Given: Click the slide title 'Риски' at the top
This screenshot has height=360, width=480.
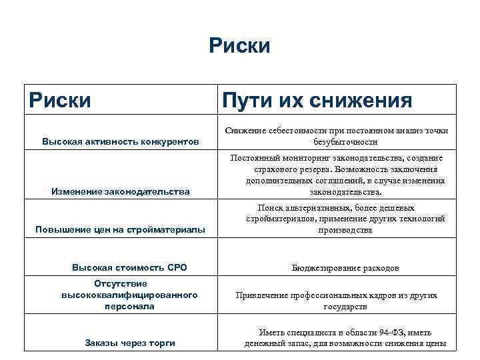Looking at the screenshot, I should (239, 46).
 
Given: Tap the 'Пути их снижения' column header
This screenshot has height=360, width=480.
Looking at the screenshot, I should (317, 101).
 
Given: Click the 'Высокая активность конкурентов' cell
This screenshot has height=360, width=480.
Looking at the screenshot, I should (120, 142).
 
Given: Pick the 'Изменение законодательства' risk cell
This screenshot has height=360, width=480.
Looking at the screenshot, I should (121, 192).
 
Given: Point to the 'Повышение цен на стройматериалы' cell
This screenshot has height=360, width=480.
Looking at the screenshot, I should (120, 230).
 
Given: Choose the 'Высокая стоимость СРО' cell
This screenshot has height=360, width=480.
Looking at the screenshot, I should (129, 267).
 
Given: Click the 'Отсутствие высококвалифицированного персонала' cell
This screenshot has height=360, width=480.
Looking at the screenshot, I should (129, 295).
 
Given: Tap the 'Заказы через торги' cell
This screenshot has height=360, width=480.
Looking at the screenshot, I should (130, 343).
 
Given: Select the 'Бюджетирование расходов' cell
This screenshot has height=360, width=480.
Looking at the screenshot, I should (345, 268).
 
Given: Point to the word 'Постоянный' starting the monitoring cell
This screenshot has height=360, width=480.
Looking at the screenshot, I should (252, 158).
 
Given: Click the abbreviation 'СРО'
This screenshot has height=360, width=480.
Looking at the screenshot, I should (176, 267).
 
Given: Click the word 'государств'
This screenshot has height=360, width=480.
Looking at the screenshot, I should (345, 307).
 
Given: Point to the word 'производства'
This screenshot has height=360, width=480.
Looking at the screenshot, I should (345, 230).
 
